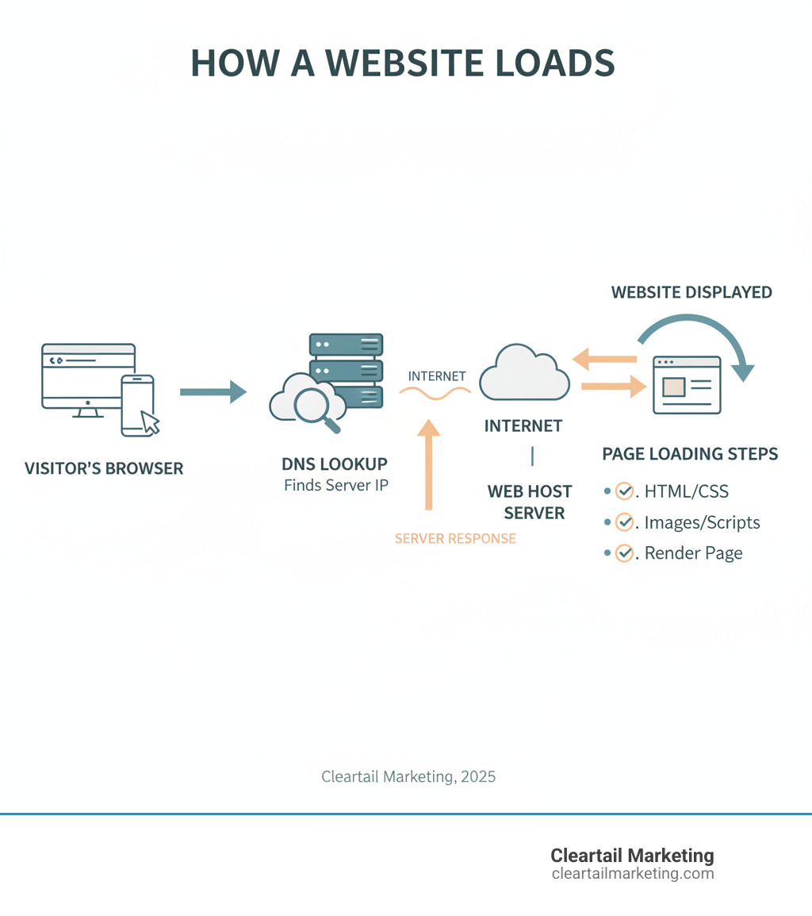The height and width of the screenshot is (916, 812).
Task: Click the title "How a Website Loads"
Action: point(403,64)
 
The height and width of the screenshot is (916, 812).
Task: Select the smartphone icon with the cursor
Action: point(137,405)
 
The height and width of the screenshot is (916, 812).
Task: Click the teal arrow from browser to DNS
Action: point(213,391)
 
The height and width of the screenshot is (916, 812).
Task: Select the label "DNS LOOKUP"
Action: point(335,464)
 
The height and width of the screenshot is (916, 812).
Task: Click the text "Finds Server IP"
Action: point(336,485)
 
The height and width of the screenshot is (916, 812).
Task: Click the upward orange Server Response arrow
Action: point(428,464)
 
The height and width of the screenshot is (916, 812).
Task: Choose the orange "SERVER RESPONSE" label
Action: point(455,538)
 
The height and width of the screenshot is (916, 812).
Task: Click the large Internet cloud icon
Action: point(523,373)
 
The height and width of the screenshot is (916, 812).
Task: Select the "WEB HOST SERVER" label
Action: point(530,502)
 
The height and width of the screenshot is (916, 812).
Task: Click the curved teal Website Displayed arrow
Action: point(698,337)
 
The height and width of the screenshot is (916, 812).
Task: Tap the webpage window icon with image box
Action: point(687,385)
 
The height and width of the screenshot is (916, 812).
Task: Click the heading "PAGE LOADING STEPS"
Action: point(690,454)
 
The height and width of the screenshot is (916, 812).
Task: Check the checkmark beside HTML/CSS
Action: point(625,491)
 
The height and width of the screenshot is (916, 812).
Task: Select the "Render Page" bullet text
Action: point(693,553)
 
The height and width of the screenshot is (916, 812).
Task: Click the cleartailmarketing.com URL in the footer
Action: point(632,874)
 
